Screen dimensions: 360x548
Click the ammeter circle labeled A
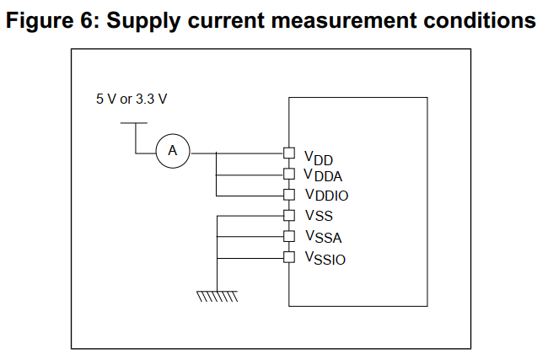click(x=173, y=151)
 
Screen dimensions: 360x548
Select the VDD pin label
click(x=320, y=158)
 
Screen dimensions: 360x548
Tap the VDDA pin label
click(x=324, y=176)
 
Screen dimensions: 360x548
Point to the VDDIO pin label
click(x=326, y=196)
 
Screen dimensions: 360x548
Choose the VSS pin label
click(x=319, y=216)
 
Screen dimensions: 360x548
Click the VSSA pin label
click(x=323, y=237)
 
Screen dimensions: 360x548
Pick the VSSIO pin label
click(x=325, y=257)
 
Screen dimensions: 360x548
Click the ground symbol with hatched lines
click(x=217, y=295)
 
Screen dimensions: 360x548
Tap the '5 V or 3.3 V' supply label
click(x=132, y=99)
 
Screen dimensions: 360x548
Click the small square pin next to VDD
click(x=288, y=153)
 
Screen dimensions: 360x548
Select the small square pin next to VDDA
click(x=288, y=174)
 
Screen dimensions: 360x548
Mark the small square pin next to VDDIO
click(x=288, y=194)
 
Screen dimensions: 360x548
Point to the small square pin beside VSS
click(x=288, y=215)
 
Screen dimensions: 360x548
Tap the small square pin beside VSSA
click(x=288, y=236)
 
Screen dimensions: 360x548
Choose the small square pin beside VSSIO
click(x=288, y=256)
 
